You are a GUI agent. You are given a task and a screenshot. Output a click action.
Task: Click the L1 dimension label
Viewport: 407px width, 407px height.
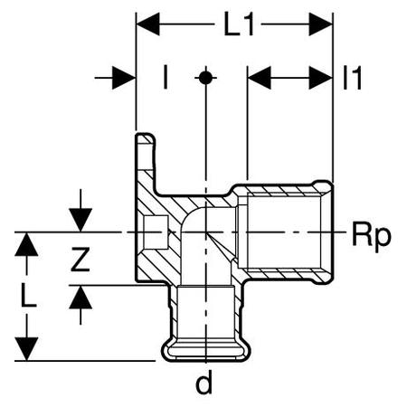(239, 24)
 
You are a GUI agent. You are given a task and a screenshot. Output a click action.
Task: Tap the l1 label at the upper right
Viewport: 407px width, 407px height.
(352, 78)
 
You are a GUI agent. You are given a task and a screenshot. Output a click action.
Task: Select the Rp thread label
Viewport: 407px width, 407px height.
(372, 235)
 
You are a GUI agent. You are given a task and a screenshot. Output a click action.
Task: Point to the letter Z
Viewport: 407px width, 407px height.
(80, 259)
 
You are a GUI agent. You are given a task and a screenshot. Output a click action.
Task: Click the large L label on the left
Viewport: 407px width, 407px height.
(29, 295)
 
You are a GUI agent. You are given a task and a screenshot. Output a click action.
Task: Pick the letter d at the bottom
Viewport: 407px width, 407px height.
(204, 382)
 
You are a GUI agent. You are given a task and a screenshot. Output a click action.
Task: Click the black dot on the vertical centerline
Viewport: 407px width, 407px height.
(205, 78)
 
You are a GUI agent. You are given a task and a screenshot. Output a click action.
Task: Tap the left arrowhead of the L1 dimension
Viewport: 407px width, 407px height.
(147, 24)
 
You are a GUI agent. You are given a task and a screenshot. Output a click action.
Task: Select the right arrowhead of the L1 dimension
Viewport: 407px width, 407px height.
(321, 24)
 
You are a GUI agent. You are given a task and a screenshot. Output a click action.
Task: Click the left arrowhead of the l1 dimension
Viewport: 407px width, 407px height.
(259, 78)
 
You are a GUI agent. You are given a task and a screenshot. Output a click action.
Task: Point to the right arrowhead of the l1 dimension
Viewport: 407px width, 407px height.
(321, 78)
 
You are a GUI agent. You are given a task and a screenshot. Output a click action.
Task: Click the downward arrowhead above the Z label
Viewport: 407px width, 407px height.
(80, 220)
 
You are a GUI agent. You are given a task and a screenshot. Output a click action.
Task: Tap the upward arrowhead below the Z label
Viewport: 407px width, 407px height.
(80, 297)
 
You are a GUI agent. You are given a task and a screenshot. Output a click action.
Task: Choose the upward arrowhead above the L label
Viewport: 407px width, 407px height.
(26, 244)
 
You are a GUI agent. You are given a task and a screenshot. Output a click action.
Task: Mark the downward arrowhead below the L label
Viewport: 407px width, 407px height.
(26, 349)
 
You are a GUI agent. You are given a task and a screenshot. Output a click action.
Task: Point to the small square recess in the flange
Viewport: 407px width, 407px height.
(156, 232)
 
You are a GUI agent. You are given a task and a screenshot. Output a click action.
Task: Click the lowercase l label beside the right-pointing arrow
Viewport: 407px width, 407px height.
(165, 78)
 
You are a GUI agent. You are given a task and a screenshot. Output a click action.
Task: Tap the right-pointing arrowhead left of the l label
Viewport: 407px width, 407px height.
(124, 78)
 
